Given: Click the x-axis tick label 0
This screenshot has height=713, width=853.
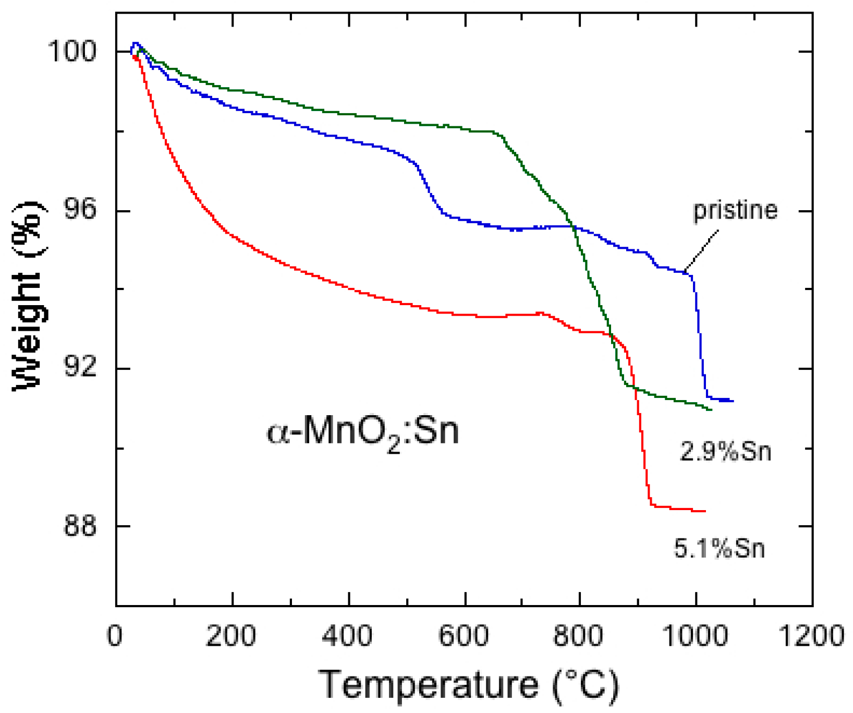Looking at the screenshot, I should [x=115, y=637].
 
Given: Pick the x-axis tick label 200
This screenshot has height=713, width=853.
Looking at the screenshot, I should [x=231, y=637].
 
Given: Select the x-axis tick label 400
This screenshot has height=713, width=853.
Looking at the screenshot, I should [x=347, y=637].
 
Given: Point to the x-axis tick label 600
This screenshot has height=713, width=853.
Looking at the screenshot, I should [x=464, y=637].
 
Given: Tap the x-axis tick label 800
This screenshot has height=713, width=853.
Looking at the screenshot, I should [x=579, y=637].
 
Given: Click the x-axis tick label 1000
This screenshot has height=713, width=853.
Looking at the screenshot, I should [x=695, y=637].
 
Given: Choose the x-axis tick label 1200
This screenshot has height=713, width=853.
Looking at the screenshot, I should [x=811, y=637].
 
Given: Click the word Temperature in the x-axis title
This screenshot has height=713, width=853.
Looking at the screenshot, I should [x=429, y=684].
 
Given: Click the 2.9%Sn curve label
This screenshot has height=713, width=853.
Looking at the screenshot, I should [x=725, y=451].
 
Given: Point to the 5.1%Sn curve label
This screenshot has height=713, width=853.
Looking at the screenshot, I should [x=720, y=548].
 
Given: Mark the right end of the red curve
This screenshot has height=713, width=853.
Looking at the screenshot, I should [x=705, y=511].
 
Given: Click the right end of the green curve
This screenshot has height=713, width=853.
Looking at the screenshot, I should [x=711, y=409].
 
